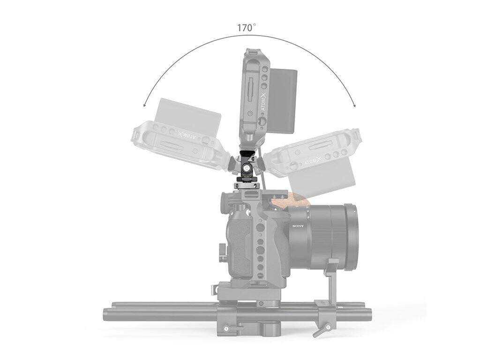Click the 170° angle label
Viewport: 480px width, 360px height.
tap(247, 28)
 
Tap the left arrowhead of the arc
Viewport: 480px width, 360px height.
tap(145, 105)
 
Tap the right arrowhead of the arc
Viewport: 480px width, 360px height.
tap(354, 105)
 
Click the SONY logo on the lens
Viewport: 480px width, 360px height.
tap(298, 226)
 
